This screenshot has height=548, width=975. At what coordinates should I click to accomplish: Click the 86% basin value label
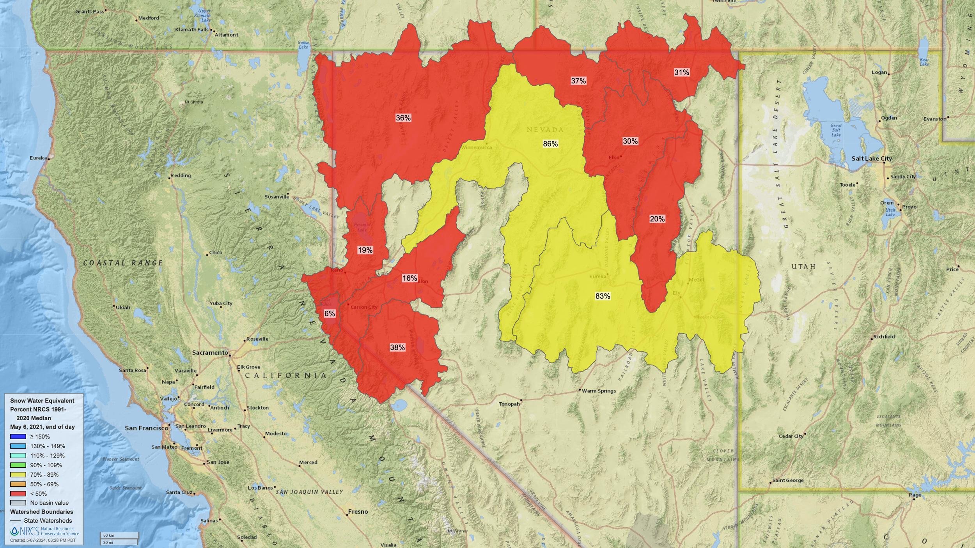[x=550, y=144]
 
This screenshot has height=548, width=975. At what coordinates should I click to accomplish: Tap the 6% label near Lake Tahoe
[x=330, y=313]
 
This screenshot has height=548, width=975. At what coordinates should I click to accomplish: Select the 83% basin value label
[x=603, y=296]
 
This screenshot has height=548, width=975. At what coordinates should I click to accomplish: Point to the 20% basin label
[x=657, y=219]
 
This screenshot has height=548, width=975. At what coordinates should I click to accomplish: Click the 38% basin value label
[x=397, y=347]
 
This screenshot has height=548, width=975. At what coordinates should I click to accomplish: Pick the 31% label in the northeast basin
[x=681, y=72]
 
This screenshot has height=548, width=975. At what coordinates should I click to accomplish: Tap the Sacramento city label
[x=210, y=353]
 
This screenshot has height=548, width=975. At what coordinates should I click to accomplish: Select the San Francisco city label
[x=146, y=428]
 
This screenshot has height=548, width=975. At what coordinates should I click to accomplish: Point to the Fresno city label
[x=358, y=511]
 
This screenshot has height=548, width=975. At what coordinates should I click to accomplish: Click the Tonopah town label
[x=509, y=404]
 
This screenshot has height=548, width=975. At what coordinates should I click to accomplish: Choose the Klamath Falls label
[x=191, y=30]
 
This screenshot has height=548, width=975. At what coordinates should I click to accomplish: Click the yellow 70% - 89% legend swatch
[x=18, y=475]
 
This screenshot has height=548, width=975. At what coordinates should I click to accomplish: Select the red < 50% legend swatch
[x=18, y=494]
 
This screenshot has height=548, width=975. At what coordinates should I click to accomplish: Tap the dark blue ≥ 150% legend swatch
[x=18, y=437]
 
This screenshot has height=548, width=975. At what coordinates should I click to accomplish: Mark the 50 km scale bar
[x=119, y=536]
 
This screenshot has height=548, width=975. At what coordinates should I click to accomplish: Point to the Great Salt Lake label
[x=836, y=130]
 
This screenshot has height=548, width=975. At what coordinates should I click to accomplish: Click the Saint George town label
[x=788, y=480]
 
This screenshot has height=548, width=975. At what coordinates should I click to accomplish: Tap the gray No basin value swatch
[x=18, y=503]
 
